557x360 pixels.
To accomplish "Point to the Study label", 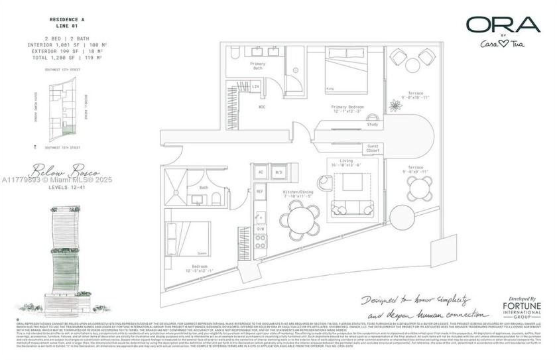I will (372, 124).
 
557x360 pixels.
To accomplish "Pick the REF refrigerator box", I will (261, 191).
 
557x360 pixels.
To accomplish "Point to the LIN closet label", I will (255, 87).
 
